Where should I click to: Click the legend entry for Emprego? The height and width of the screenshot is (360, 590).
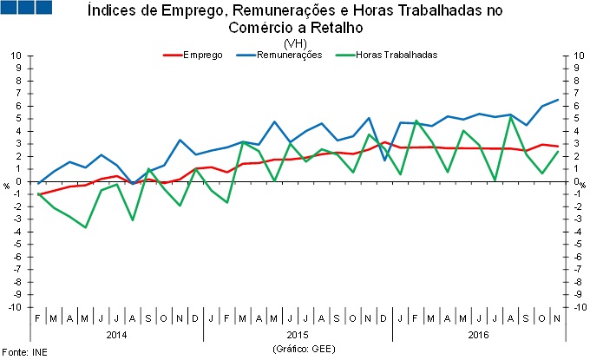click(x=202, y=55)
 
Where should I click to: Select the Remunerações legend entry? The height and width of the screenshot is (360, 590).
click(x=291, y=55)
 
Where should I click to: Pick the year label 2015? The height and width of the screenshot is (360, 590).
click(x=298, y=334)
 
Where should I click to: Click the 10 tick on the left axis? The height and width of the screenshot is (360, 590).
click(x=16, y=56)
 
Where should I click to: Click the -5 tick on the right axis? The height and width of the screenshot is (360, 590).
click(x=577, y=245)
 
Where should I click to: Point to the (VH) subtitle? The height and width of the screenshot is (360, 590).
click(x=295, y=43)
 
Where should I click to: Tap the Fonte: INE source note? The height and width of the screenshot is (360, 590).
click(x=24, y=352)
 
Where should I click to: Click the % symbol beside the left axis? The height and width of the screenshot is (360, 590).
click(x=6, y=184)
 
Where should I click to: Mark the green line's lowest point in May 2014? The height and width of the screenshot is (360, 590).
click(x=86, y=227)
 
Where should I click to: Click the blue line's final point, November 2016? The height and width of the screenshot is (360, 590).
click(x=557, y=100)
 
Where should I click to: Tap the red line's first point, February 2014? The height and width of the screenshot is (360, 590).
click(x=38, y=194)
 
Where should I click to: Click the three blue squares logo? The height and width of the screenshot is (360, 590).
click(x=27, y=9)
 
